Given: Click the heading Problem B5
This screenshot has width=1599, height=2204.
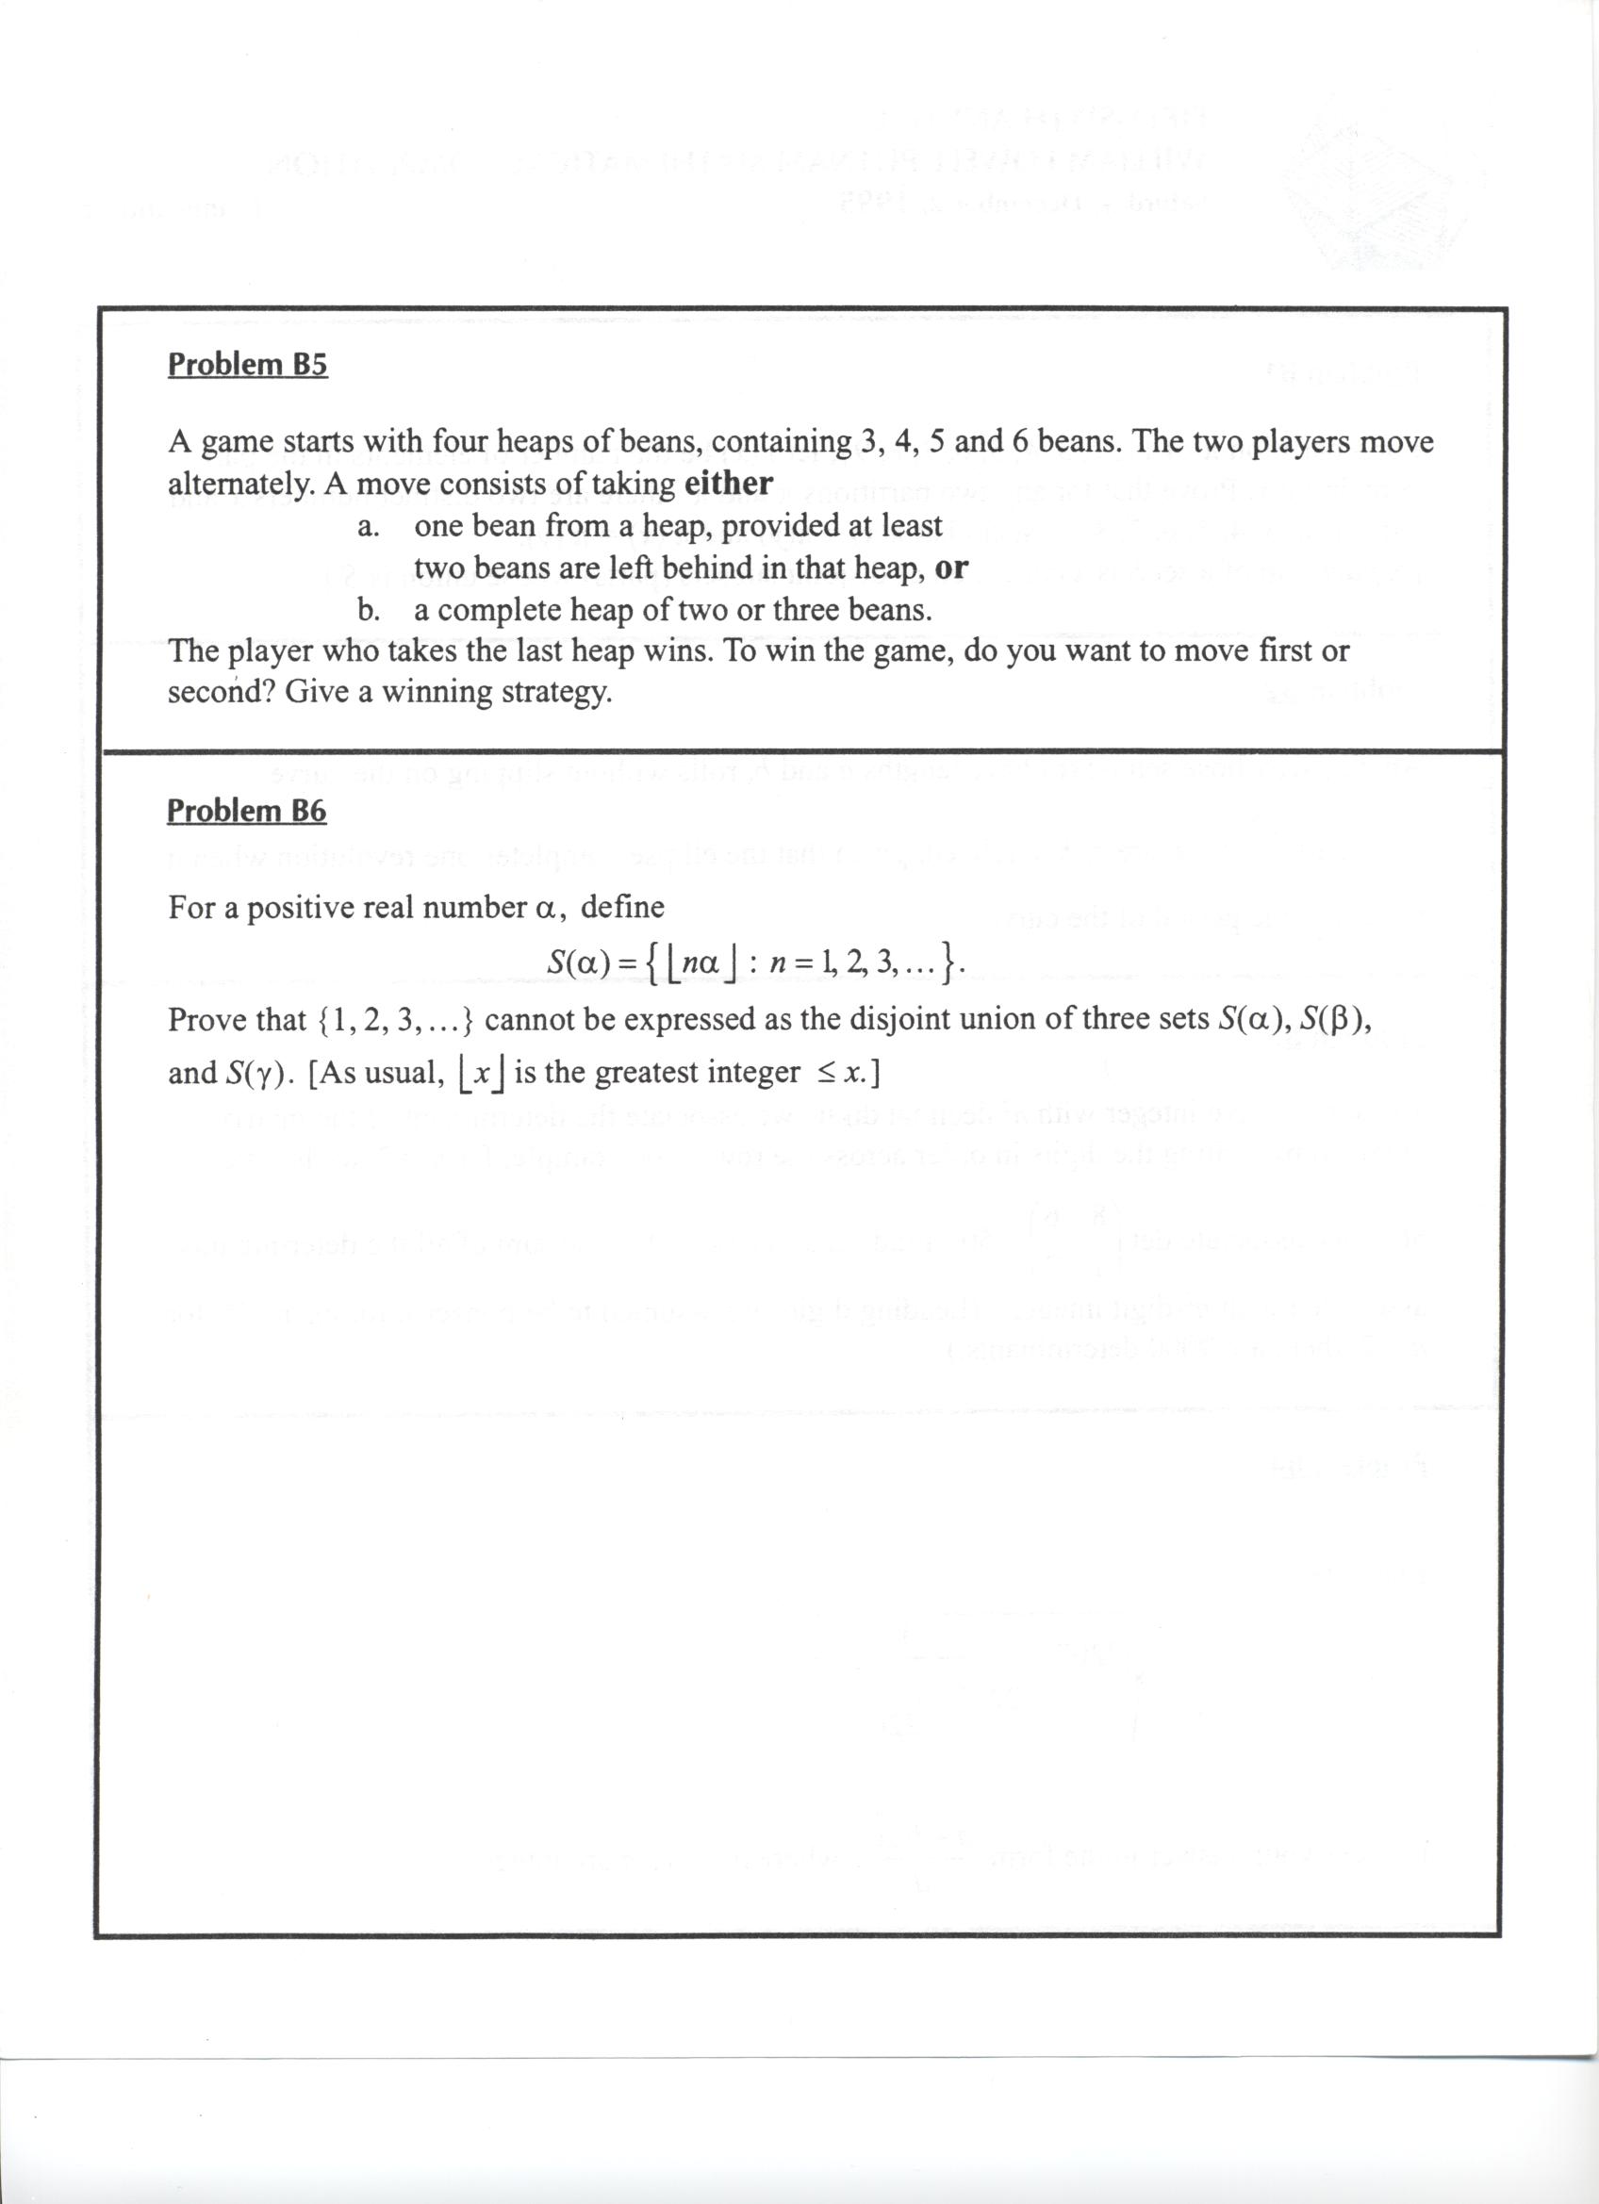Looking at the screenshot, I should click(248, 365).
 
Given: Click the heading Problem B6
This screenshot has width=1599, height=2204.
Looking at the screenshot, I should click(247, 810).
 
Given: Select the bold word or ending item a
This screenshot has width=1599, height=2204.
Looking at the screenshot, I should click(950, 567).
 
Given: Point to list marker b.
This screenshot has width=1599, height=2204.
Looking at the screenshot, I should click(368, 610).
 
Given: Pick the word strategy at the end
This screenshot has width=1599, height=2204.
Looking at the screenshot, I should click(555, 692).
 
